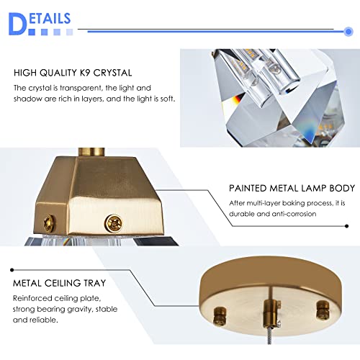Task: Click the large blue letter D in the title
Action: (x=17, y=24)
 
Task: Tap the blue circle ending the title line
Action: (x=348, y=32)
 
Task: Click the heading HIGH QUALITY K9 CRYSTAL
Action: (x=73, y=73)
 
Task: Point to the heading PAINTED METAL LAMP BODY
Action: (x=292, y=188)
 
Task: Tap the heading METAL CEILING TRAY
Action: (x=59, y=283)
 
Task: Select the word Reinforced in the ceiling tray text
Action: (x=32, y=298)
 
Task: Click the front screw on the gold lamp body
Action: (x=114, y=224)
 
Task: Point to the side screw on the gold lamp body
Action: (x=49, y=223)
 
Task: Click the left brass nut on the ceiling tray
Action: (x=220, y=315)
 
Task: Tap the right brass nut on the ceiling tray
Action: (x=323, y=310)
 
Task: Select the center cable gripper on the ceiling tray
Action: (x=271, y=314)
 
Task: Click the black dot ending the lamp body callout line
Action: (x=346, y=226)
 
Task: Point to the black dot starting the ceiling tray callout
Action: (x=12, y=270)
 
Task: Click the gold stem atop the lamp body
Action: (x=91, y=152)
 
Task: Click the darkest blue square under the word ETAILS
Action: (x=32, y=32)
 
